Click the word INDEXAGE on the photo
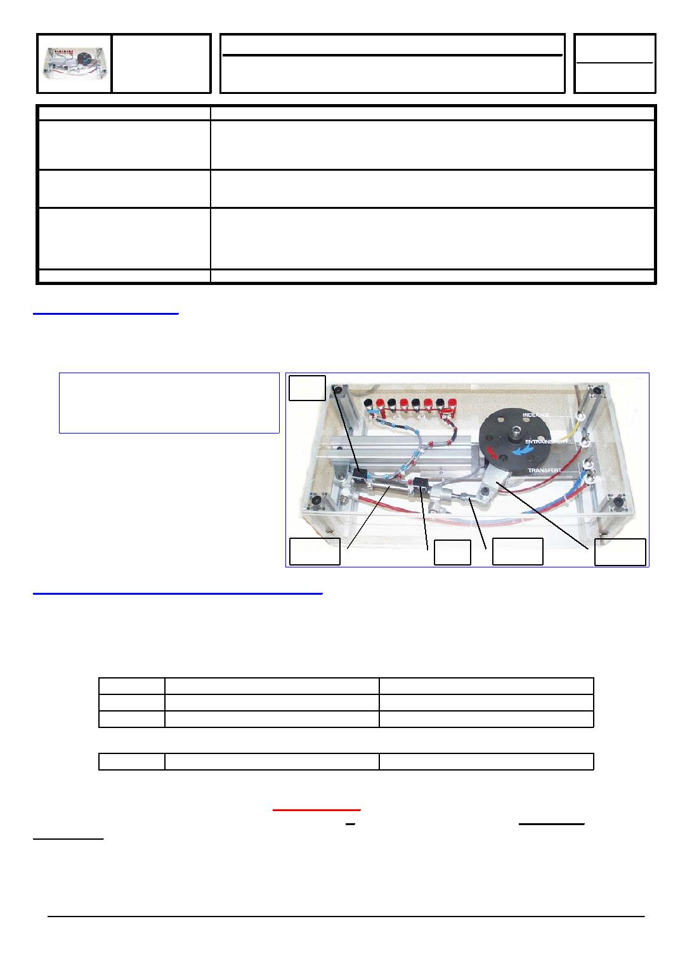click(536, 414)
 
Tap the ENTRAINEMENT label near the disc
click(546, 442)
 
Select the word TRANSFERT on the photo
click(544, 470)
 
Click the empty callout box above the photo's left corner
click(308, 388)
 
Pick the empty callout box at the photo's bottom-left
click(315, 552)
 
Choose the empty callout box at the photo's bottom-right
click(620, 552)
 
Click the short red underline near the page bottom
click(317, 810)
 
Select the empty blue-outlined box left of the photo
click(169, 403)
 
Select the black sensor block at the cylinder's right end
click(421, 485)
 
